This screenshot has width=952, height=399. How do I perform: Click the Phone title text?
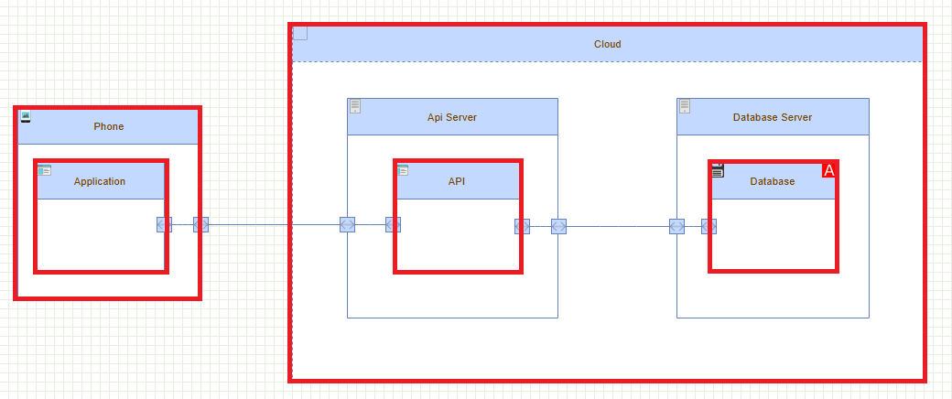108,126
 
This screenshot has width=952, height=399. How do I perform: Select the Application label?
100,181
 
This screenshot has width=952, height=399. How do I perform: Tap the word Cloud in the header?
607,44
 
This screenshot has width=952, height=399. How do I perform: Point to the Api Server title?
452,117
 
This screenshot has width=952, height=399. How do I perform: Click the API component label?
457,181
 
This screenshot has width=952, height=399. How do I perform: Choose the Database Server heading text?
773,117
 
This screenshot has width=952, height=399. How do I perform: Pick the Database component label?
773,181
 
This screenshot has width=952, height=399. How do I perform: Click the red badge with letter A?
829,170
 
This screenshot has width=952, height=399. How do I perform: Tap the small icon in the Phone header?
26,116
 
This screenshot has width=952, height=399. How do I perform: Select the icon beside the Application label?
45,170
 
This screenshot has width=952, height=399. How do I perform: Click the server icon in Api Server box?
355,106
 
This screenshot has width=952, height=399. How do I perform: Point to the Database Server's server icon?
685,106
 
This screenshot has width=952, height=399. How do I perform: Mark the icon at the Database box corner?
718,170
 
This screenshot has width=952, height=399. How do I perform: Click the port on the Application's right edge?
164,224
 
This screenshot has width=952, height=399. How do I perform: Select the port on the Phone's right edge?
200,224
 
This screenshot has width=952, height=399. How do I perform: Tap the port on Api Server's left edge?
347,224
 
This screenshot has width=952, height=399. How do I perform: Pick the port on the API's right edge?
522,226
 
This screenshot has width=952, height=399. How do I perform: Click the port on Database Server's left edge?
676,226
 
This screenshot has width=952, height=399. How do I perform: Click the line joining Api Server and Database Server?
618,226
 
